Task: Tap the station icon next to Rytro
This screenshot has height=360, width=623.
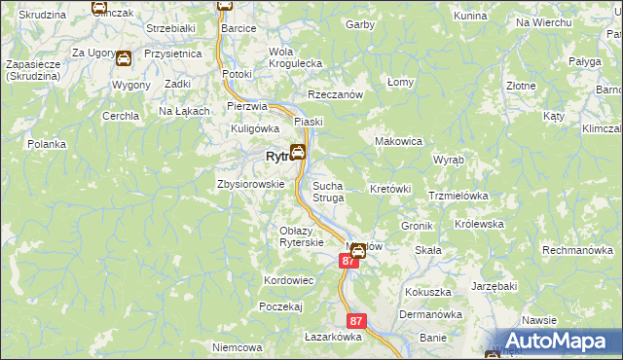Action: point(298,153)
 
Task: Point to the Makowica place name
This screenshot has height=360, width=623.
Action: point(398,141)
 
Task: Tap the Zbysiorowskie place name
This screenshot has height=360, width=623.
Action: point(250,183)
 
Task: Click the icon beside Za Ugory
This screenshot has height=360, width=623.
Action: point(124,58)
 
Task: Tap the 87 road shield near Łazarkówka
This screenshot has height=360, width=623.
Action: point(355,320)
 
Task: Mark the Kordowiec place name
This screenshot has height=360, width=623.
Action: point(288,280)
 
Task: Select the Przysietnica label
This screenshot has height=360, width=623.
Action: point(172,54)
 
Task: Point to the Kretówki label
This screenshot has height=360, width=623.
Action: point(391,189)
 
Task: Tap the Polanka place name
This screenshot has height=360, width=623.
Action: point(47,144)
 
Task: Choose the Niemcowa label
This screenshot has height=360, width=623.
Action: point(238,347)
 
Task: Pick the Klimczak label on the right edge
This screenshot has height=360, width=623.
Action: point(598,128)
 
